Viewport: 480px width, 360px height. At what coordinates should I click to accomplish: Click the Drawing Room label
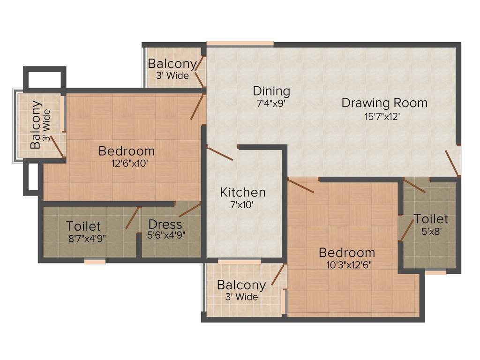point(384,103)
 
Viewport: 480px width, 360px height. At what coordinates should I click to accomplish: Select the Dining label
point(271,91)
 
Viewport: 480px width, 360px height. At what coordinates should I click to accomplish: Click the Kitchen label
point(243,192)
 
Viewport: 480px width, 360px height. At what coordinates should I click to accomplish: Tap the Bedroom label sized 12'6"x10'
point(127,151)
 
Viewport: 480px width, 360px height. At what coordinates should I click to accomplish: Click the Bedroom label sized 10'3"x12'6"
point(346,253)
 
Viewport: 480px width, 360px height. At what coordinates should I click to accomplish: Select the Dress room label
point(165,225)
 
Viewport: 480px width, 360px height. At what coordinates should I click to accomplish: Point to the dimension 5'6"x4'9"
point(167,236)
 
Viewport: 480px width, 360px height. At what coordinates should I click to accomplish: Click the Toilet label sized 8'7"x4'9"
point(83,226)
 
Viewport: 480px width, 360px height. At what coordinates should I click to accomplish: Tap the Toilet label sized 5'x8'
point(431,219)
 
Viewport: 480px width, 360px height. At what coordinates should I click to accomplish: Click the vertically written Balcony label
point(36,125)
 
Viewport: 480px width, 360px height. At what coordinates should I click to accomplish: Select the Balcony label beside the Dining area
point(172,64)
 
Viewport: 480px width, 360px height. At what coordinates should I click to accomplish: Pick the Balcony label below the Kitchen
point(241,285)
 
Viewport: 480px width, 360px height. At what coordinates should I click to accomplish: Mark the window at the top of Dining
point(240,44)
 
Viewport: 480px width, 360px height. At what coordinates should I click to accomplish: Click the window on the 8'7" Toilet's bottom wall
point(95,262)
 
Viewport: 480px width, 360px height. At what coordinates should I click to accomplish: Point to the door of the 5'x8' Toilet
point(415,187)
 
